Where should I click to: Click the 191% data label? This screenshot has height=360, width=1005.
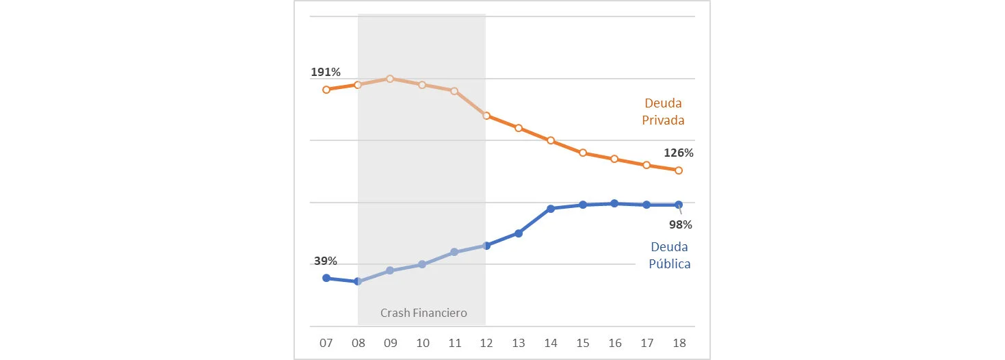326,72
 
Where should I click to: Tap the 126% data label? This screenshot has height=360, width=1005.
679,153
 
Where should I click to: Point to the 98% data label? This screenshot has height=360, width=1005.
681,224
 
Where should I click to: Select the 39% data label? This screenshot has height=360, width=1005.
325,261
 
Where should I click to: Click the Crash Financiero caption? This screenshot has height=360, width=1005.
423,313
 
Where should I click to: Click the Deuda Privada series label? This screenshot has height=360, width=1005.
663,112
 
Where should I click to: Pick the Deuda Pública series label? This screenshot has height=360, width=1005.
669,255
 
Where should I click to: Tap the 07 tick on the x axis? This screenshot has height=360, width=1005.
326,343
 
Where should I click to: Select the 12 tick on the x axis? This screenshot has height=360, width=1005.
486,343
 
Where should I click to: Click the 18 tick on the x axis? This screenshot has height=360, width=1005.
679,343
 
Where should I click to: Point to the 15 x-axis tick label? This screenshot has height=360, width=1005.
583,343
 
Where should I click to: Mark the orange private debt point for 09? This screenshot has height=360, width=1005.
390,79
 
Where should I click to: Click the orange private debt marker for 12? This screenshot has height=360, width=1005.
486,116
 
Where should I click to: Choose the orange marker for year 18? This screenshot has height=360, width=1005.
679,170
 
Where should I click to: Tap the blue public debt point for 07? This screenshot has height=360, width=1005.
326,278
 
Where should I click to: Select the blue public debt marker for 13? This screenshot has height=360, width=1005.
519,233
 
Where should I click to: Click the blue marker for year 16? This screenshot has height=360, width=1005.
614,203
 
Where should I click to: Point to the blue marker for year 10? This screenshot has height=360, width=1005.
422,264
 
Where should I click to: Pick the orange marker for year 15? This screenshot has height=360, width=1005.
583,153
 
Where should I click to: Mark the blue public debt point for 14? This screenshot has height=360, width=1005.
551,209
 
